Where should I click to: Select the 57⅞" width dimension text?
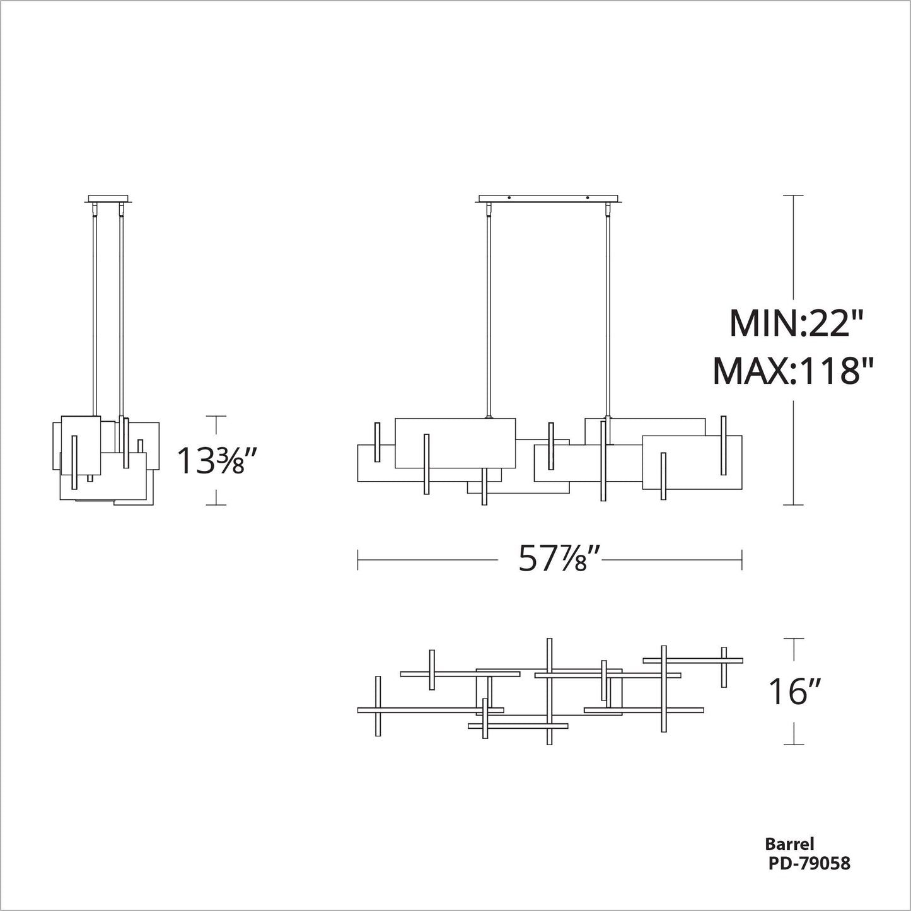coord(553,559)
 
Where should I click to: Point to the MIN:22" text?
coord(794,324)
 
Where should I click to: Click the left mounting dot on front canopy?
coord(509,199)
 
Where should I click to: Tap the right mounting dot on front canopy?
coord(587,199)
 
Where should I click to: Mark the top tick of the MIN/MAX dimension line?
coord(793,196)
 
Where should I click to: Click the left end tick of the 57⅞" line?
coord(358,559)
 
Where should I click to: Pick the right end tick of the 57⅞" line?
coord(742,559)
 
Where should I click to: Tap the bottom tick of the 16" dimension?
coord(793,745)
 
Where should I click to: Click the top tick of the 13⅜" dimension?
coord(216,416)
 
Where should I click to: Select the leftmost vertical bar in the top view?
coord(378,706)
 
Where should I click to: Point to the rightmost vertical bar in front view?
coord(724,445)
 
